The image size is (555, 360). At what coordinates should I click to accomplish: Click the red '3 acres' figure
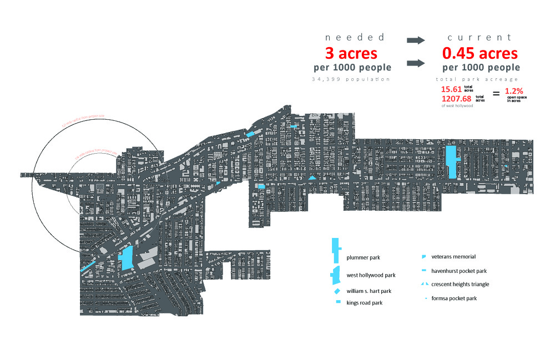351,54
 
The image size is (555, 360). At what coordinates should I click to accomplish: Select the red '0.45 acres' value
480,54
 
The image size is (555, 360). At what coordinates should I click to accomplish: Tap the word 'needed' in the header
354,37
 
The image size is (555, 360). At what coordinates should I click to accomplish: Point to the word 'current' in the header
480,37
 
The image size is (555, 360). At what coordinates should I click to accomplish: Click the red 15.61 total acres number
451,89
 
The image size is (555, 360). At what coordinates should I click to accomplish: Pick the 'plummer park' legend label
364,257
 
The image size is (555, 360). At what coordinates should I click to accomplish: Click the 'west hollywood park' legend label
371,275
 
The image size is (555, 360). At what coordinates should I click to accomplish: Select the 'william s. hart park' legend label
369,291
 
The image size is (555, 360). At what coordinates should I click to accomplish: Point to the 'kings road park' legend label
364,303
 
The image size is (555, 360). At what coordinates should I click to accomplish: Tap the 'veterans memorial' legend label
453,257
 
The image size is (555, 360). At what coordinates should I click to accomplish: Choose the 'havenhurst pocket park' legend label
458,271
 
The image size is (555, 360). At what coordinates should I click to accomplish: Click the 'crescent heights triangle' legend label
460,284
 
